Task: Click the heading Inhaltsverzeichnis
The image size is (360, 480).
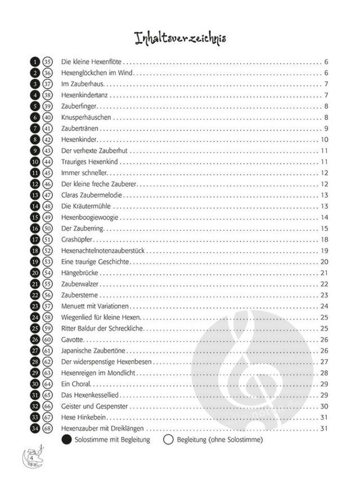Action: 180,38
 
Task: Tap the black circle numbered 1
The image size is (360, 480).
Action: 35,62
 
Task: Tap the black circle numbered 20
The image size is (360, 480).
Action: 35,273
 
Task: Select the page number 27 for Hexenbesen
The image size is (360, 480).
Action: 324,362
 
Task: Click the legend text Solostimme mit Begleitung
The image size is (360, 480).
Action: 112,439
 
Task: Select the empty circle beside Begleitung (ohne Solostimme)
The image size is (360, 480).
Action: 167,439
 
